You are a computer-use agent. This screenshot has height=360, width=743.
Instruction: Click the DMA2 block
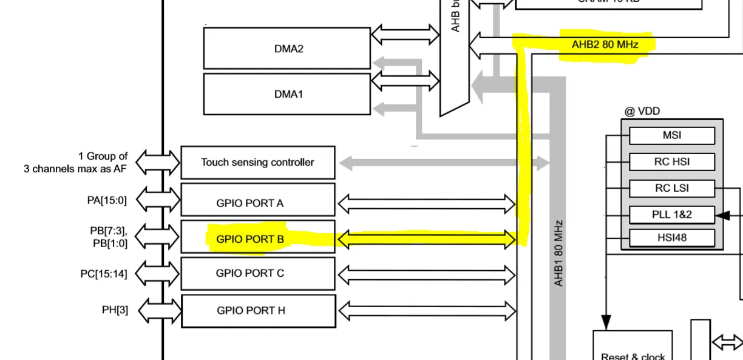click(287, 49)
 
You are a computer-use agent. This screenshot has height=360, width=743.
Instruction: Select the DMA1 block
click(287, 94)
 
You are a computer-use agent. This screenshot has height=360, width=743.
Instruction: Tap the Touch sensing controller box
click(258, 162)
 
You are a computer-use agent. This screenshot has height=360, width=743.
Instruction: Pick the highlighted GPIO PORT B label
click(250, 239)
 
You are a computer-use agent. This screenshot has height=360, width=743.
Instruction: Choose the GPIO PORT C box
click(258, 273)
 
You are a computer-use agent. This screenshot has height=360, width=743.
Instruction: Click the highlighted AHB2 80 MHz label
click(605, 44)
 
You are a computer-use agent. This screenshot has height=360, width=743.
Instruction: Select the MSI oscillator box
click(671, 135)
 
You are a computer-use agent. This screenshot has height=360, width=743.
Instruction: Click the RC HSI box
click(671, 162)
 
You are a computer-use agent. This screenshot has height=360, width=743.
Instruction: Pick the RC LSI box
click(671, 188)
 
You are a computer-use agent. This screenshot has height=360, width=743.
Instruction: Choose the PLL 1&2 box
click(671, 214)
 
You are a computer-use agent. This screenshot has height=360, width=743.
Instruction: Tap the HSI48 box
click(671, 237)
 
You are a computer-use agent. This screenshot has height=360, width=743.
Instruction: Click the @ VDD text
click(642, 111)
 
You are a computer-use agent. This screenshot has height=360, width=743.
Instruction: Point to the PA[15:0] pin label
click(107, 199)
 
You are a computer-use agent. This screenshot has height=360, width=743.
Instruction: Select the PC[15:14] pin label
click(104, 274)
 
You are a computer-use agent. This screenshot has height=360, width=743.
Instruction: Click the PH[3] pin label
click(115, 310)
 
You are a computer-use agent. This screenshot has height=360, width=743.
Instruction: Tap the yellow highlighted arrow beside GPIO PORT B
click(426, 239)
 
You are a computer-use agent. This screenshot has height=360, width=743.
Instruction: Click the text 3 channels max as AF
click(75, 168)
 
